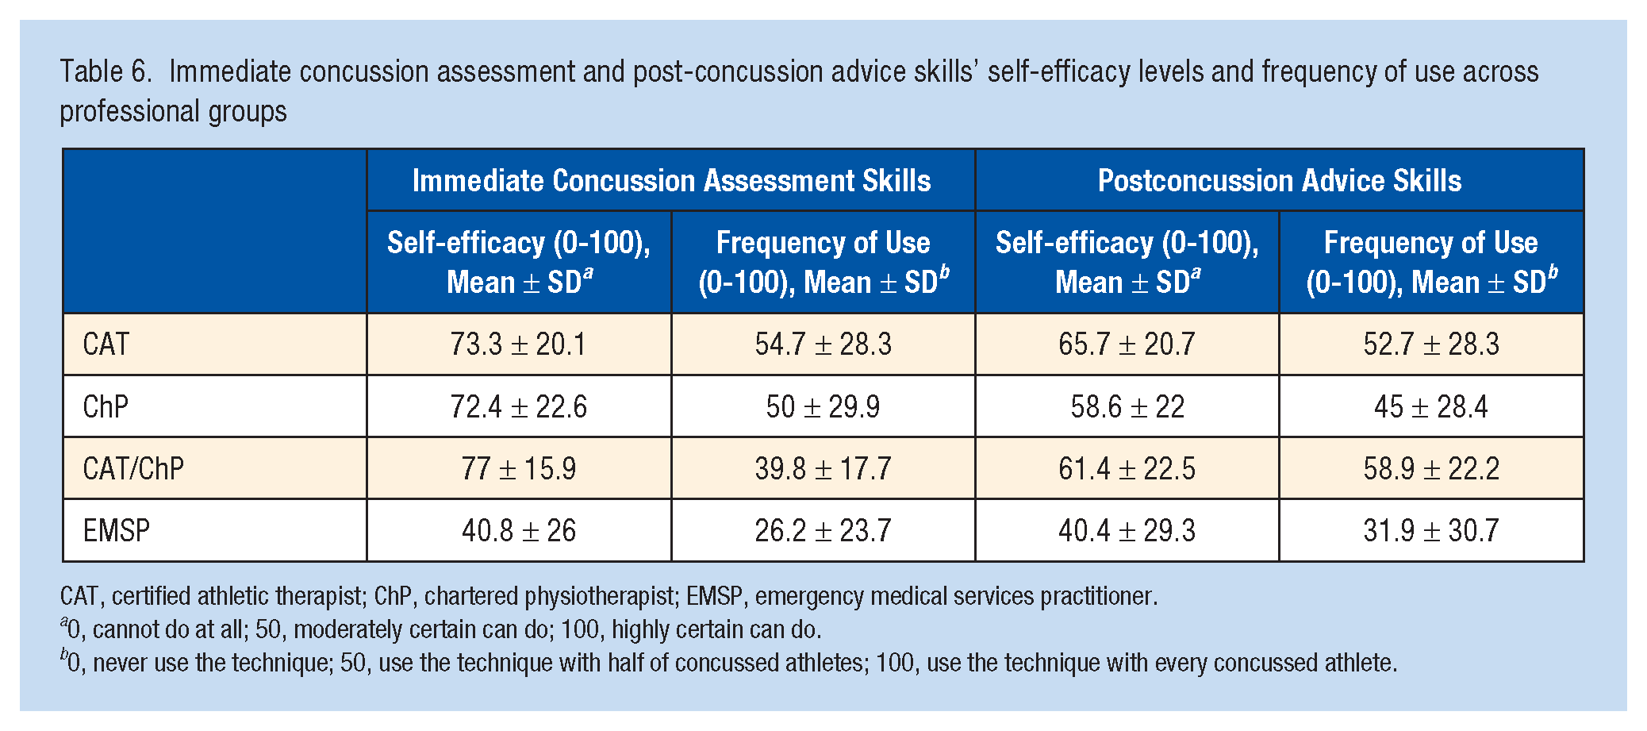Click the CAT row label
pyautogui.click(x=106, y=344)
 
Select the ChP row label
pyautogui.click(x=106, y=406)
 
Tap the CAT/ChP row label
pyautogui.click(x=133, y=468)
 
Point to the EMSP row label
pyautogui.click(x=117, y=530)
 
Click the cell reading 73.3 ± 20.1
pyautogui.click(x=519, y=344)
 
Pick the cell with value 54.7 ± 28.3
pyautogui.click(x=823, y=344)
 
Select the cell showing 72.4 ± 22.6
pyautogui.click(x=519, y=406)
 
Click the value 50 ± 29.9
pyautogui.click(x=823, y=406)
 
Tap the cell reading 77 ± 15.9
pyautogui.click(x=519, y=468)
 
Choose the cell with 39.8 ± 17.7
pyautogui.click(x=823, y=468)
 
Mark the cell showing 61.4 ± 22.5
pyautogui.click(x=1127, y=468)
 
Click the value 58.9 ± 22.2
pyautogui.click(x=1432, y=468)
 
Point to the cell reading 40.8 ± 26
pyautogui.click(x=519, y=530)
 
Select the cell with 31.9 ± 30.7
pyautogui.click(x=1432, y=530)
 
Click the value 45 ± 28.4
pyautogui.click(x=1432, y=406)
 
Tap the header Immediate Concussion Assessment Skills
pyautogui.click(x=671, y=181)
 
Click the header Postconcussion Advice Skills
pyautogui.click(x=1280, y=181)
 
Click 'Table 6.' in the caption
pyautogui.click(x=106, y=71)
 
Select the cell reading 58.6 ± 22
pyautogui.click(x=1127, y=406)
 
